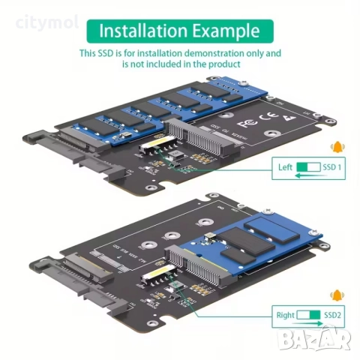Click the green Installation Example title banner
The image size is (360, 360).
[x=180, y=31]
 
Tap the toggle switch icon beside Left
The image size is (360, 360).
[x=307, y=168]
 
